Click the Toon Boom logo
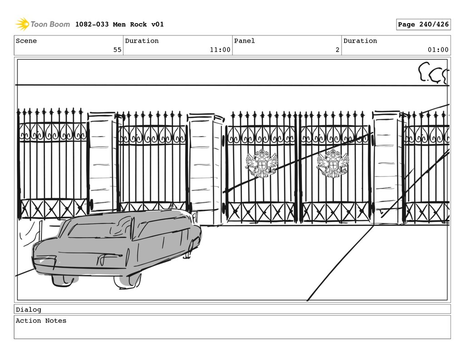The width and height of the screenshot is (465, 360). pyautogui.click(x=43, y=24)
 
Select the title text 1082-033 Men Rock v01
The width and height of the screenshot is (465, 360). pyautogui.click(x=119, y=25)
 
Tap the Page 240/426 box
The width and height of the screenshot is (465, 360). pyautogui.click(x=423, y=25)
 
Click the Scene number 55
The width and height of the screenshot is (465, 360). pyautogui.click(x=117, y=50)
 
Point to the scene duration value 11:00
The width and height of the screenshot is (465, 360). pyautogui.click(x=220, y=50)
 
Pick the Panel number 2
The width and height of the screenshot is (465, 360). pyautogui.click(x=337, y=50)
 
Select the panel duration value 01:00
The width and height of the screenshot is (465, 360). pyautogui.click(x=438, y=50)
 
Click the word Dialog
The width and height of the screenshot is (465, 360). pyautogui.click(x=28, y=310)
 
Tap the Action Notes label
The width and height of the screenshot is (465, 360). pyautogui.click(x=41, y=321)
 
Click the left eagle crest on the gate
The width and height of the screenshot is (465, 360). pyautogui.click(x=261, y=164)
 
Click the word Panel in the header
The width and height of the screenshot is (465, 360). pyautogui.click(x=244, y=41)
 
